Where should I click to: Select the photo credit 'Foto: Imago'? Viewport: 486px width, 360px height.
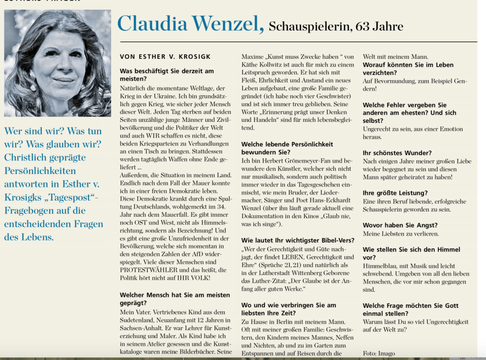point(378,353)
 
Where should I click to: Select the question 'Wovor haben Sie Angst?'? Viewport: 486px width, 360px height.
point(400,225)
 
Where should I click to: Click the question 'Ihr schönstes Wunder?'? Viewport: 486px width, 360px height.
point(397,153)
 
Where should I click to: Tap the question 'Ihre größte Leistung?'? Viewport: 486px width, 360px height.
point(395,193)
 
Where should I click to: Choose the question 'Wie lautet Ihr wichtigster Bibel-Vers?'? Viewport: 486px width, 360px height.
point(298,240)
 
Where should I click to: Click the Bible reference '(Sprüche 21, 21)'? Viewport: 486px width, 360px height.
point(298,265)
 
